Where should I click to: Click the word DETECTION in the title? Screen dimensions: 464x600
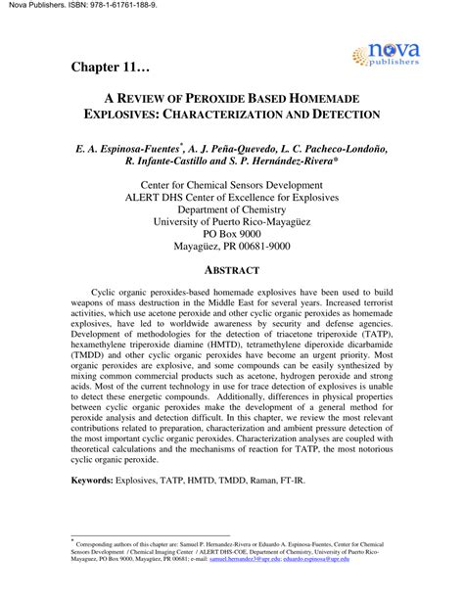click(339, 115)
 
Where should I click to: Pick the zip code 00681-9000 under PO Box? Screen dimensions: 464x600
click(290, 250)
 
